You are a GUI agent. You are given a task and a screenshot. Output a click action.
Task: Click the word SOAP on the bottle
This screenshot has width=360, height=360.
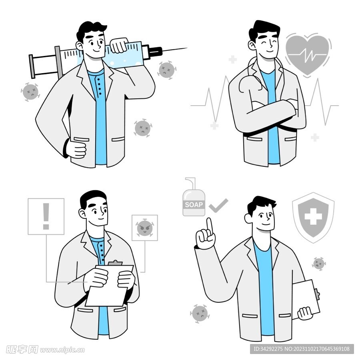(x=194, y=204)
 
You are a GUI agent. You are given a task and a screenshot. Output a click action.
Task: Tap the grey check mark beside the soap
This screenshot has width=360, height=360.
(x=218, y=206)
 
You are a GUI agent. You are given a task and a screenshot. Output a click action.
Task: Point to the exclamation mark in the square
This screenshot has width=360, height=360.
(x=46, y=216)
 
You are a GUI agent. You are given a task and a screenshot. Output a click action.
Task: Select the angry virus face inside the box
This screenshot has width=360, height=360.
(x=144, y=228)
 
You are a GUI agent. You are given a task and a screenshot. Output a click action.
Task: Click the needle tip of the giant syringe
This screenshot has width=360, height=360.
(x=187, y=48)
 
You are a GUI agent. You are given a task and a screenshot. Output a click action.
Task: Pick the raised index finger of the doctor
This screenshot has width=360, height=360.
(x=209, y=226)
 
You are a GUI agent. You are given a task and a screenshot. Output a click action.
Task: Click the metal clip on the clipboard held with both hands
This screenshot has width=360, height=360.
(x=115, y=263)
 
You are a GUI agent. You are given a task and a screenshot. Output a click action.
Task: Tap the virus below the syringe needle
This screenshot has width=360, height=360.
(x=167, y=70)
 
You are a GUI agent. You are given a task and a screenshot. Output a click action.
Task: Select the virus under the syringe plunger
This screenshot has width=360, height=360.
(x=30, y=92)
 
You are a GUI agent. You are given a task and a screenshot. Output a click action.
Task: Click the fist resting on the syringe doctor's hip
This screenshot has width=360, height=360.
(x=76, y=149)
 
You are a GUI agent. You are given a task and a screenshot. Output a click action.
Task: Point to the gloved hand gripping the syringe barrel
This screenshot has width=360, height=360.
(x=119, y=45)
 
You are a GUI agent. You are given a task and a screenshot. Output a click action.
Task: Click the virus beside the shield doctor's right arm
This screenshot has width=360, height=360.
(x=319, y=264)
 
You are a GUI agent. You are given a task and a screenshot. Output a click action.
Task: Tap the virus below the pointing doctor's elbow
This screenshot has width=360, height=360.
(x=200, y=314)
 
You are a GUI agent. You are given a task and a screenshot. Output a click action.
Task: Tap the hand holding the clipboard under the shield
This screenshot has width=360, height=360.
(x=305, y=313)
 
